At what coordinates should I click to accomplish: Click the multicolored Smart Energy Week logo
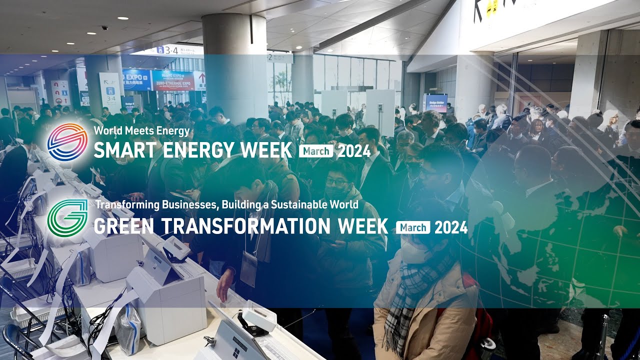pyautogui.click(x=67, y=142)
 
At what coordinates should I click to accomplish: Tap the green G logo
pyautogui.click(x=67, y=217)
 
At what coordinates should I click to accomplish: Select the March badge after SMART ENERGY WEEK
pyautogui.click(x=315, y=150)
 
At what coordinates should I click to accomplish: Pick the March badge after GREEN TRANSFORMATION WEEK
pyautogui.click(x=413, y=227)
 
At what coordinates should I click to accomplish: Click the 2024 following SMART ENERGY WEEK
pyautogui.click(x=354, y=150)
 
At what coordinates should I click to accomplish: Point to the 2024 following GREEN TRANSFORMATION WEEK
pyautogui.click(x=451, y=227)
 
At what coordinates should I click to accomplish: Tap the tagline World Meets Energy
pyautogui.click(x=141, y=131)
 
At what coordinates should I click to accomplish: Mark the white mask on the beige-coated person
pyautogui.click(x=414, y=250)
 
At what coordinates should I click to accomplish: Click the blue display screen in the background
pyautogui.click(x=435, y=103)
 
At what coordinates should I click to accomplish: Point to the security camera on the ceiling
pyautogui.click(x=105, y=28)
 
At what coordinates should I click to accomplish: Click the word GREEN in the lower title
pyautogui.click(x=123, y=227)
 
